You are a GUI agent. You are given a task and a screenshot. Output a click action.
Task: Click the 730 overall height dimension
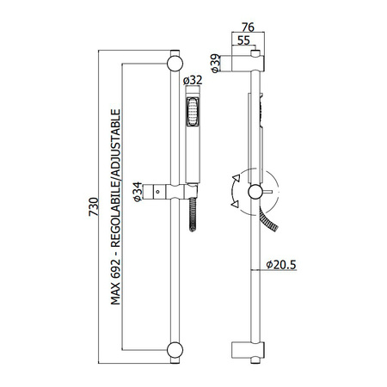click(x=94, y=206)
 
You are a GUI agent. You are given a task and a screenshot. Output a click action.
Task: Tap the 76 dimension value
click(x=248, y=28)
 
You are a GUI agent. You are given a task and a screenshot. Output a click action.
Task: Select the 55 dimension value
click(x=243, y=40)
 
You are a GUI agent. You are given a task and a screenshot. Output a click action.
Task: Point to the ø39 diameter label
click(x=215, y=63)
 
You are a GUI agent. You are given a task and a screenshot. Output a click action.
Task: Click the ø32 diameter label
click(x=193, y=80)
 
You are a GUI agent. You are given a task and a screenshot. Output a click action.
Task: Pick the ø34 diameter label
click(x=138, y=192)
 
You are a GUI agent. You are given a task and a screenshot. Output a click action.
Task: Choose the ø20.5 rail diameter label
click(x=281, y=265)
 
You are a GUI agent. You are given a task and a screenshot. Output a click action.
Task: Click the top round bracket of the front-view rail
click(x=175, y=63)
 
